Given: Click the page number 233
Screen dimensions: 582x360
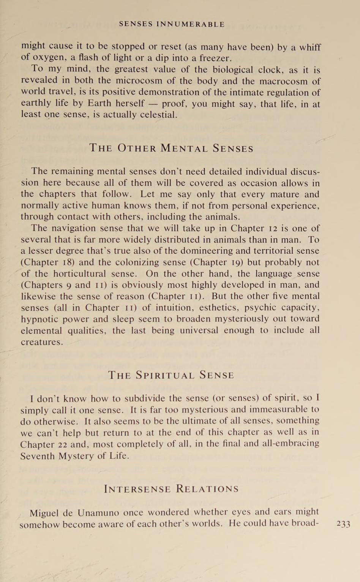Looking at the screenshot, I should click(343, 524).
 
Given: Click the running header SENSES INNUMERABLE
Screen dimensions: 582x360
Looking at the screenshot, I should click(172, 24).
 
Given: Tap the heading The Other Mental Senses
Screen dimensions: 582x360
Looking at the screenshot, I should click(171, 148).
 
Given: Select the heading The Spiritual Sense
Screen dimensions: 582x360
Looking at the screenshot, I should click(171, 375).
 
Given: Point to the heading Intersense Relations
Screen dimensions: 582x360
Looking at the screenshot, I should click(171, 489).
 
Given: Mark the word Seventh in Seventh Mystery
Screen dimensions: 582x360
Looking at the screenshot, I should click(37, 455).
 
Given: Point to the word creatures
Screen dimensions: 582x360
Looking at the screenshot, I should click(41, 342).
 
